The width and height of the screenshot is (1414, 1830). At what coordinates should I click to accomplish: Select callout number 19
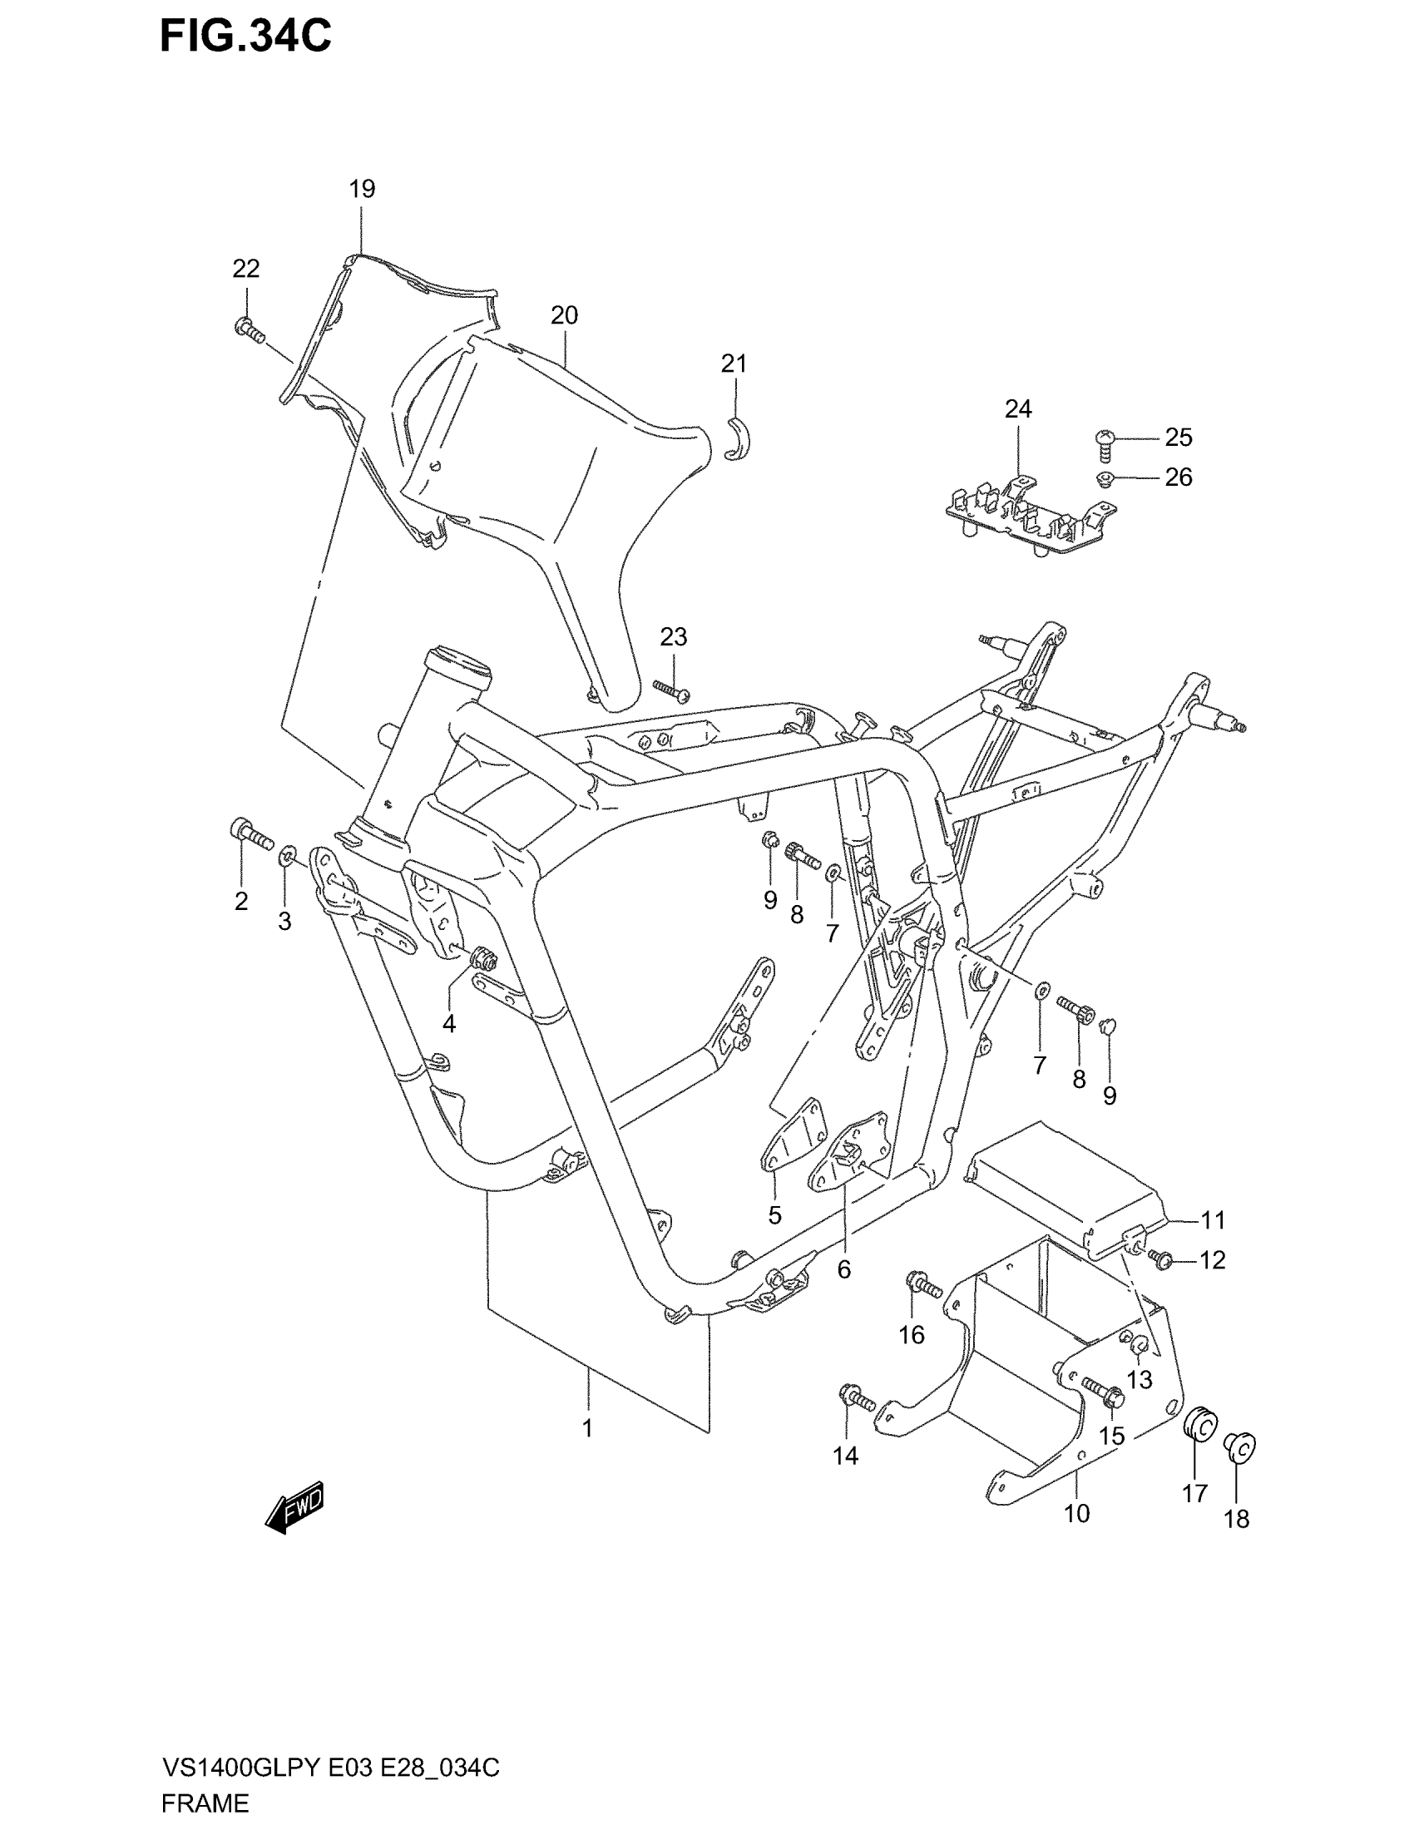pos(362,190)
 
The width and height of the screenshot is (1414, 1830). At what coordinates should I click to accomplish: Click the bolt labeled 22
pos(249,329)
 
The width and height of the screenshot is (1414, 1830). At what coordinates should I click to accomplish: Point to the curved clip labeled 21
pos(737,438)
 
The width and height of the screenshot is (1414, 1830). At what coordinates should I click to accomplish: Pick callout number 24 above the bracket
pos(1018,409)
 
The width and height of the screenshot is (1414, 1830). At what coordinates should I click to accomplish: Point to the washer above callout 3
pos(286,855)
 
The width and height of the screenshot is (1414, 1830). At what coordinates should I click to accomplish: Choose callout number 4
pos(449,1023)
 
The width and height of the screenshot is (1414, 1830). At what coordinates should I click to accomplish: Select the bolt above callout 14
pos(855,1397)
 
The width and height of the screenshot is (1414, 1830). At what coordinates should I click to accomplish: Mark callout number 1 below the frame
pos(587,1427)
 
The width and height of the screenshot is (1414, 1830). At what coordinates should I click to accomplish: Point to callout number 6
pos(843,1269)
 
